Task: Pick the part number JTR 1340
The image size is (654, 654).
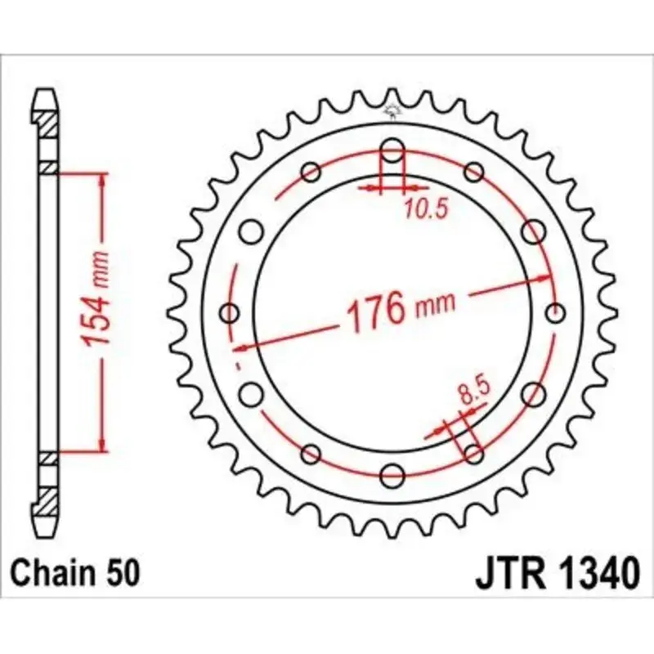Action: (556, 573)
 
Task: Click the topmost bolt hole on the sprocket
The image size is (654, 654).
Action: (392, 151)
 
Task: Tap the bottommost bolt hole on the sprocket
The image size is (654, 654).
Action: (392, 474)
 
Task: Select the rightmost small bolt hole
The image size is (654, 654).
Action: (556, 313)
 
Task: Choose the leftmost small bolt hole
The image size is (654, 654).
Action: (230, 313)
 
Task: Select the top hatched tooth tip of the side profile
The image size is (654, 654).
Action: (48, 123)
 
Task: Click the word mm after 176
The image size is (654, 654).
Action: (437, 307)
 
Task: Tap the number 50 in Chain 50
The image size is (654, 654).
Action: (125, 573)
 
